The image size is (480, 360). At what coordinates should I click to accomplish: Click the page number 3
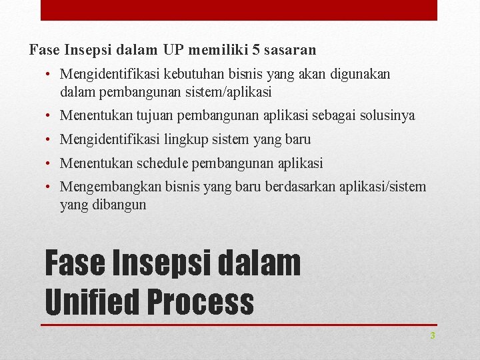[432, 336]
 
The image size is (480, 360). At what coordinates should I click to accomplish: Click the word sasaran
[291, 49]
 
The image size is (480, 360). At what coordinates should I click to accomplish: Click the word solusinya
[387, 115]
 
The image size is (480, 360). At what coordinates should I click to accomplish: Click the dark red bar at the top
[239, 10]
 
